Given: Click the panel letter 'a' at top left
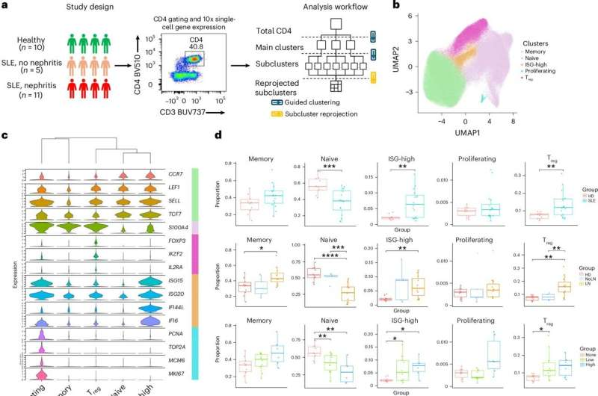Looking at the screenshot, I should tap(5, 6).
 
